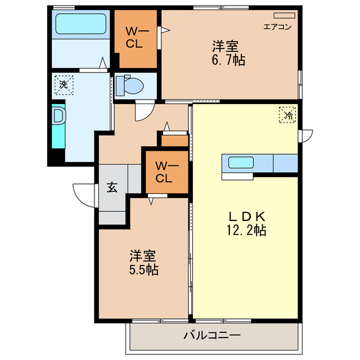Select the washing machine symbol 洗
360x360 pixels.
64,85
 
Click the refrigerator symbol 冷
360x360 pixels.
287,115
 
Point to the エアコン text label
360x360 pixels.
277,26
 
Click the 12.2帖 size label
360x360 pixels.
247,229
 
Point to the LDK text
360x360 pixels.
246,216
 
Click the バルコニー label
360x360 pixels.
212,336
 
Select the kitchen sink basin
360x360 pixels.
240,163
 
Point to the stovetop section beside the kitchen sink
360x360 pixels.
285,163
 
